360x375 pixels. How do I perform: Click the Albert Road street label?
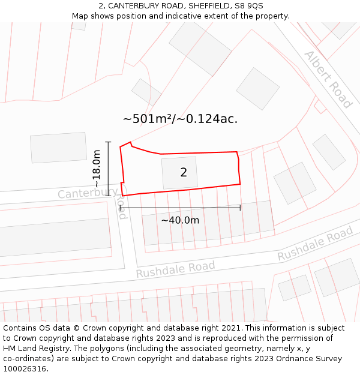tap(328, 79)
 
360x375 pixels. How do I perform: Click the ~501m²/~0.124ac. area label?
tap(180, 119)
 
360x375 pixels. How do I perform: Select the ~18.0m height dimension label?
tap(97, 168)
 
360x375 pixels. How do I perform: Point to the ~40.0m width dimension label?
tap(180, 220)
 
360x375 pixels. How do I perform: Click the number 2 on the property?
tap(184, 173)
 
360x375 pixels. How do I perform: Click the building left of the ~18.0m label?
tap(58, 148)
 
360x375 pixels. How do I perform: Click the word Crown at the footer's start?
tap(88, 328)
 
